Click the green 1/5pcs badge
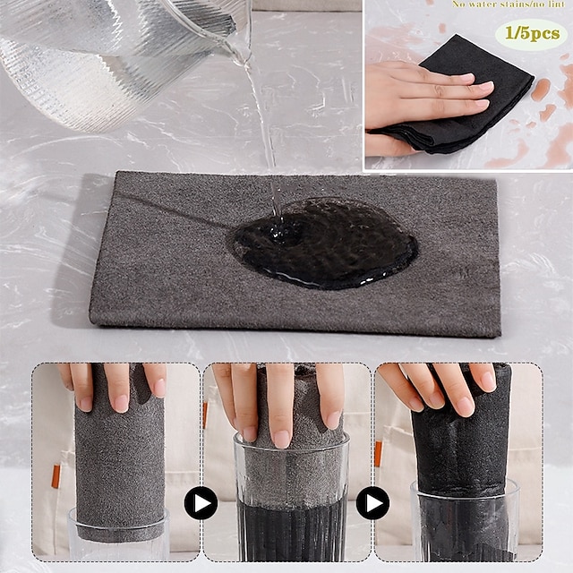pyautogui.click(x=531, y=34)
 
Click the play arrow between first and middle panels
pyautogui.click(x=201, y=503)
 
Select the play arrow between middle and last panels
pyautogui.click(x=372, y=503)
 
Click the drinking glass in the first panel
pyautogui.click(x=118, y=537)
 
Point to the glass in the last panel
pyautogui.click(x=464, y=528)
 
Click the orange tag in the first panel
pyautogui.click(x=56, y=475)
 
